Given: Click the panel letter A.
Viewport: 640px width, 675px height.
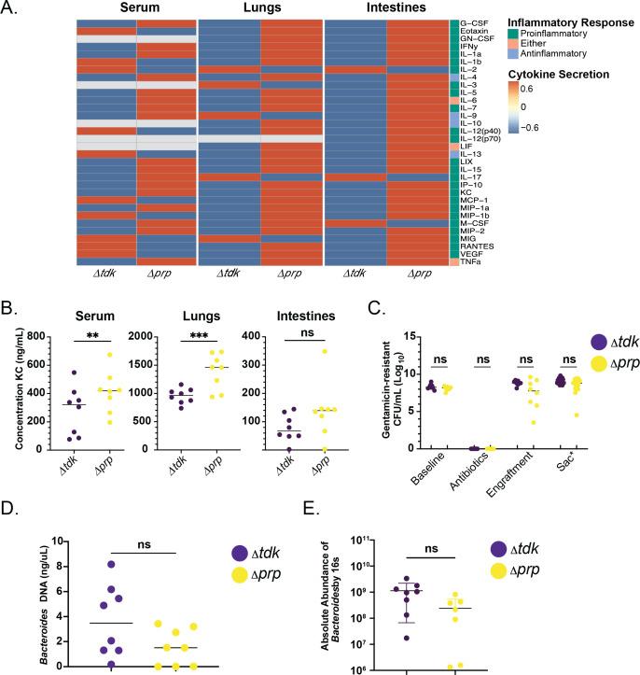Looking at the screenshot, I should tap(10, 9).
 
